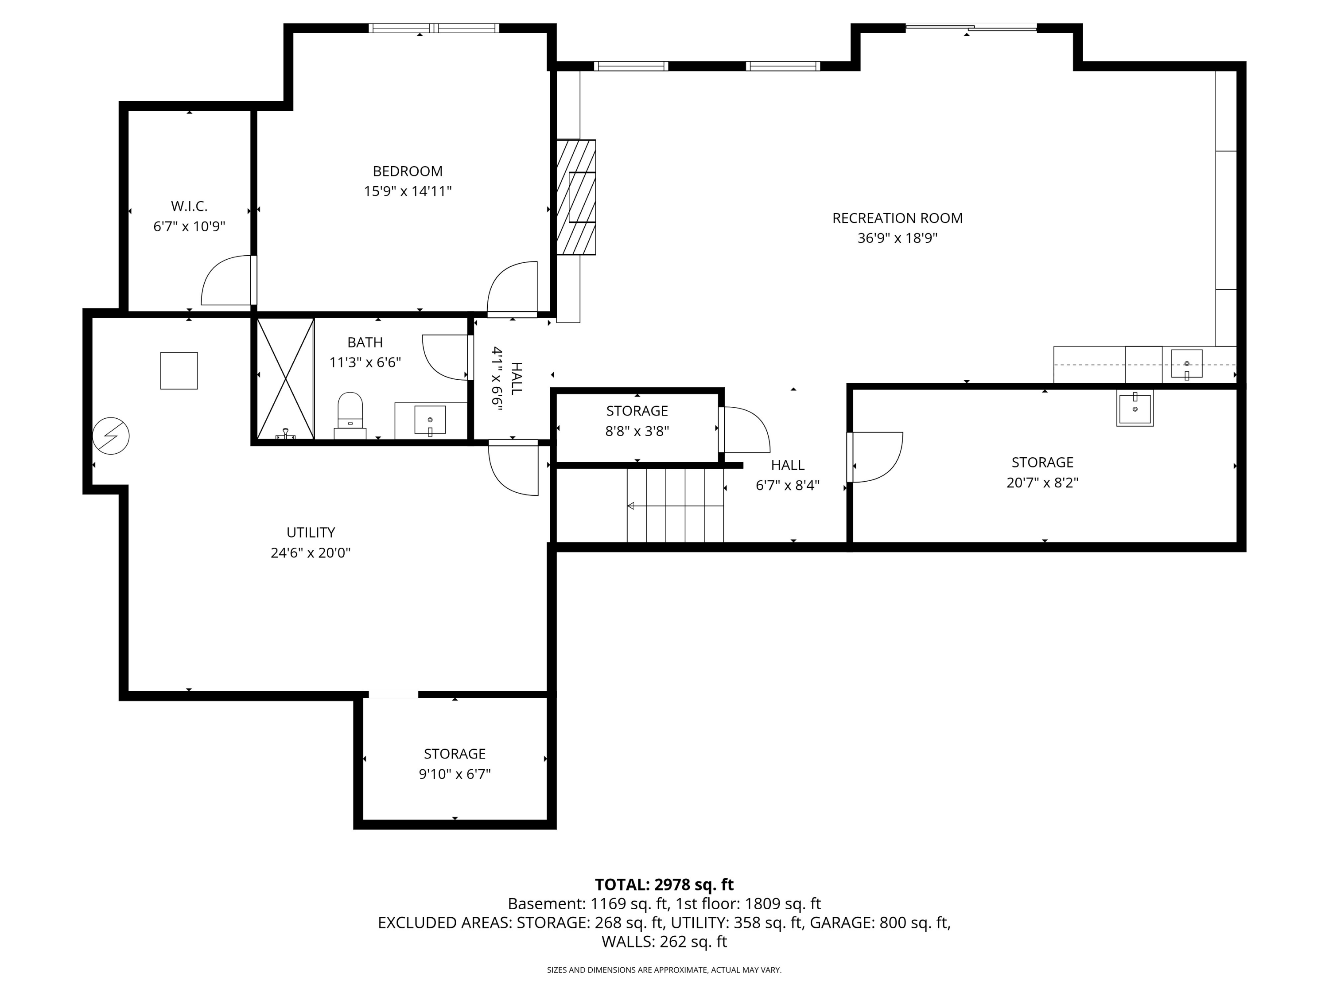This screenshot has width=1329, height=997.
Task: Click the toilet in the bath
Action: (x=350, y=415)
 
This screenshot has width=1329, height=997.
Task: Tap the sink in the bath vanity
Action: (x=430, y=420)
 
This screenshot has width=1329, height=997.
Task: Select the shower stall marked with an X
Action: (x=285, y=378)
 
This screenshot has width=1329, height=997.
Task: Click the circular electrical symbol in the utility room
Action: (x=111, y=436)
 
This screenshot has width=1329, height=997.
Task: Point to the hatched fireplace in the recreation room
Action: (x=575, y=197)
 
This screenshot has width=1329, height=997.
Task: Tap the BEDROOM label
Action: (x=408, y=171)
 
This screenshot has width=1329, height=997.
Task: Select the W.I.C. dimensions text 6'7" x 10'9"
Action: (x=189, y=226)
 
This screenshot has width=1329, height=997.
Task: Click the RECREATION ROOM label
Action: (x=897, y=218)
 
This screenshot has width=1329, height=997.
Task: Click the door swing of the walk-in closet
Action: (x=226, y=280)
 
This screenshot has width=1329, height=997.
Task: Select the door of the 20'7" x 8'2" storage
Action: (x=875, y=457)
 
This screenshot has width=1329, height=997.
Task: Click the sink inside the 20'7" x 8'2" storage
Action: (x=1135, y=408)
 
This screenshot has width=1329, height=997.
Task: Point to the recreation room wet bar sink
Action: (x=1187, y=364)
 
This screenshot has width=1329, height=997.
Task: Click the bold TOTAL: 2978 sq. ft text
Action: (x=664, y=884)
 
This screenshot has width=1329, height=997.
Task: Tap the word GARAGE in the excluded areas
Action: (x=842, y=923)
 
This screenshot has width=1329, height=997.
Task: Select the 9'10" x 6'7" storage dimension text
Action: (x=455, y=774)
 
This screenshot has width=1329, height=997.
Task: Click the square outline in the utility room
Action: (x=179, y=371)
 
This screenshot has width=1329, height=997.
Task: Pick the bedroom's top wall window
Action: (x=433, y=27)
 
